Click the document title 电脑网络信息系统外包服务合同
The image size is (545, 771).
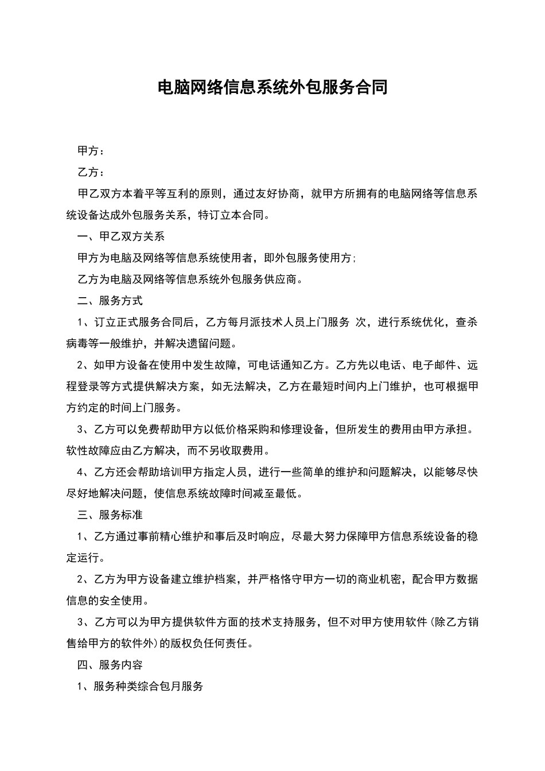click(272, 87)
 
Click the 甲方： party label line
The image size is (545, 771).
click(91, 151)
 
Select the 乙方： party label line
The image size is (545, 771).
click(91, 172)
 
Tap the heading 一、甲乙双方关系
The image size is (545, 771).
click(121, 236)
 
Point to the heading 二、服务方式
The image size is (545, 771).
click(110, 301)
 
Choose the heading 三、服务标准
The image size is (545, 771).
click(110, 515)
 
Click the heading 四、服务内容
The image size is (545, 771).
click(110, 665)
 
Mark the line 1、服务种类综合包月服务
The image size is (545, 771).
click(141, 686)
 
